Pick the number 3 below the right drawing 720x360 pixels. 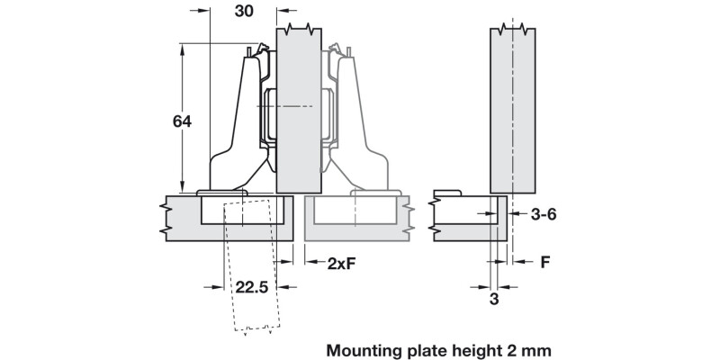point(494,300)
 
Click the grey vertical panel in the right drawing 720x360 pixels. point(512,108)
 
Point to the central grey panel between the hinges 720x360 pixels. point(298,108)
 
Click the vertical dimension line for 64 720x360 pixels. point(183,90)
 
